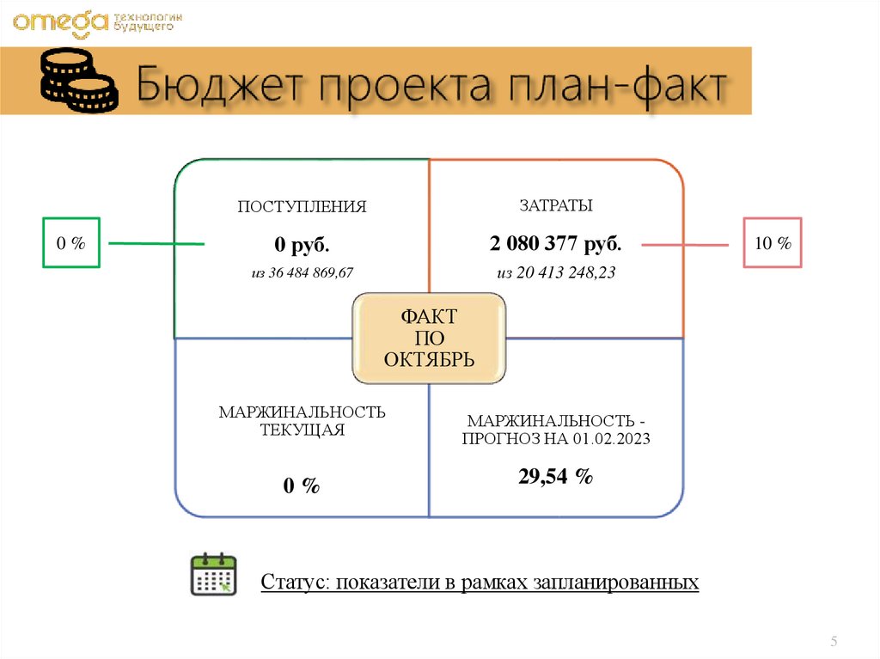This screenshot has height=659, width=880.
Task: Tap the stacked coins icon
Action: pos(78,81)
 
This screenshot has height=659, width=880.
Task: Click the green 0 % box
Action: pos(71,243)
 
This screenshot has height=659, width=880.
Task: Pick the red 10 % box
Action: pos(773,243)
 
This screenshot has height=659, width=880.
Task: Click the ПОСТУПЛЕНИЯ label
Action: pos(302,207)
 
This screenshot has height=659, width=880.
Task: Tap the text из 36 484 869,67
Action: pos(302,273)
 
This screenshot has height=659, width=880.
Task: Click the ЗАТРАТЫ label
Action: pos(555,206)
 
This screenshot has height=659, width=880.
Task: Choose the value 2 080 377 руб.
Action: pos(555,244)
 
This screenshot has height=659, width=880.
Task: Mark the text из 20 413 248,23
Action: pos(555,273)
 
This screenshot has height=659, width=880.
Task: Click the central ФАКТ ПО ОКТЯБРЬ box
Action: pos(429,338)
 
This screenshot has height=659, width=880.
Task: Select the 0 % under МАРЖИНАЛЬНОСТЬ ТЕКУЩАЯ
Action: pos(302,486)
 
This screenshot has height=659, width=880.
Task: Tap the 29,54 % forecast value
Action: pos(555,476)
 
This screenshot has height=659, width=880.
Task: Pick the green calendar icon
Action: pos(212,575)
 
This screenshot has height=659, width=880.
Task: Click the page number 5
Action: pos(833,642)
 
